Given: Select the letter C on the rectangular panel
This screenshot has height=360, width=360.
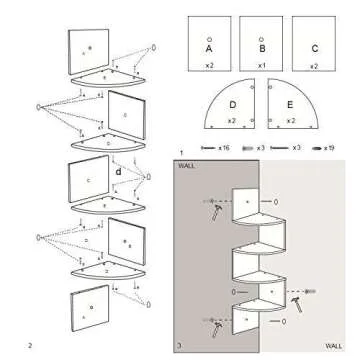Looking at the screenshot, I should (x=314, y=47).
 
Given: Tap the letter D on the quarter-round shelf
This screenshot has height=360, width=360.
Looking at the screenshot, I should (x=232, y=103).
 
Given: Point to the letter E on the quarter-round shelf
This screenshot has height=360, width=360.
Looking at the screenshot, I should (x=290, y=103).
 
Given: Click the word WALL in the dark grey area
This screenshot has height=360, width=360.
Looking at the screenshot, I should (x=187, y=166).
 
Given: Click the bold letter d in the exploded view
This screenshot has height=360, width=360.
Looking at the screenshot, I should (x=118, y=171).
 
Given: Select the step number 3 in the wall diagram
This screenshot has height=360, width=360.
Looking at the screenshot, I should (x=179, y=345).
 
